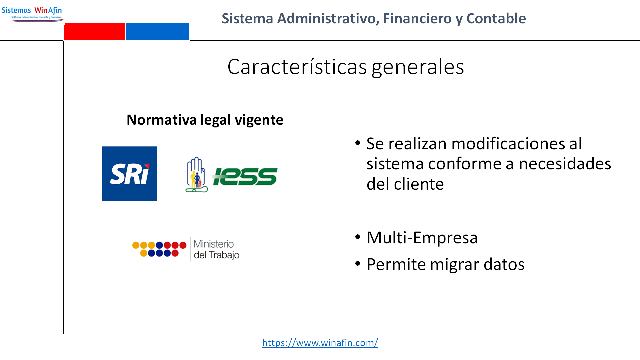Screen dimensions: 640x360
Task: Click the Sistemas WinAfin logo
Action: [32, 14]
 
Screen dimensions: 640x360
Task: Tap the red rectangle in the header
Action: [94, 32]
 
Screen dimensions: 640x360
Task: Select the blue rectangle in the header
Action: [157, 32]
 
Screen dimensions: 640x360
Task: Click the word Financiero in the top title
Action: [417, 18]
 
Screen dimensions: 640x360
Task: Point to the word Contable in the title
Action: [496, 18]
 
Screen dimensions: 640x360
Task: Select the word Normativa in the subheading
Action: [162, 120]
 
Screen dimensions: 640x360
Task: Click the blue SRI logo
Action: [130, 174]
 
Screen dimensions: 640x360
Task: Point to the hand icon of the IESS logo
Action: [196, 174]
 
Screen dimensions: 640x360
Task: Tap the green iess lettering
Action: [245, 176]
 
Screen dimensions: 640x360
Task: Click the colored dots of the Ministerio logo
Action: [159, 249]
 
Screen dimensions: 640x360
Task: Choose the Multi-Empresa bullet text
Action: [422, 238]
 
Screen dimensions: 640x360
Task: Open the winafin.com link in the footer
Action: [320, 343]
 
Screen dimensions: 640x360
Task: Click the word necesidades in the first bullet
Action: [565, 164]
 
